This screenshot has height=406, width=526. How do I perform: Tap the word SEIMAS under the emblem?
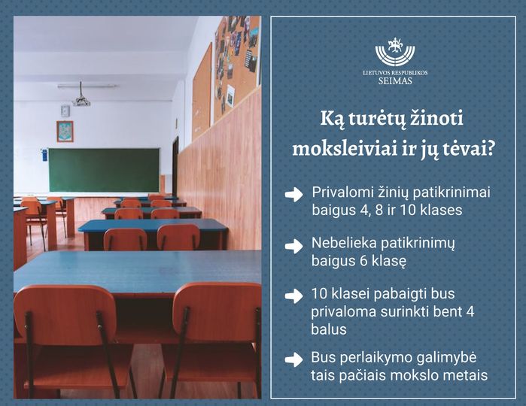pyautogui.click(x=395, y=80)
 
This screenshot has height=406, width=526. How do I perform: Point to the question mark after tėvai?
pyautogui.click(x=491, y=149)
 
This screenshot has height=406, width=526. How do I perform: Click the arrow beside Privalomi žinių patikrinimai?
pyautogui.click(x=294, y=195)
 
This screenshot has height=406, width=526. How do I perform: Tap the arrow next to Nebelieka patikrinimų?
pyautogui.click(x=294, y=246)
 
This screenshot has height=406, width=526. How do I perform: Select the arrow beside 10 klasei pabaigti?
pyautogui.click(x=294, y=295)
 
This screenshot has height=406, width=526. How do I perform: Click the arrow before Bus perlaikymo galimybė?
pyautogui.click(x=294, y=359)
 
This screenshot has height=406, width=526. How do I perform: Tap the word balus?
pyautogui.click(x=328, y=329)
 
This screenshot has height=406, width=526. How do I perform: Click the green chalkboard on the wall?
pyautogui.click(x=104, y=170)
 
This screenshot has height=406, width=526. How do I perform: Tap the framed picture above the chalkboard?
pyautogui.click(x=65, y=131)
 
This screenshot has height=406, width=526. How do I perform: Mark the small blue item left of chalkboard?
pyautogui.click(x=44, y=155)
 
